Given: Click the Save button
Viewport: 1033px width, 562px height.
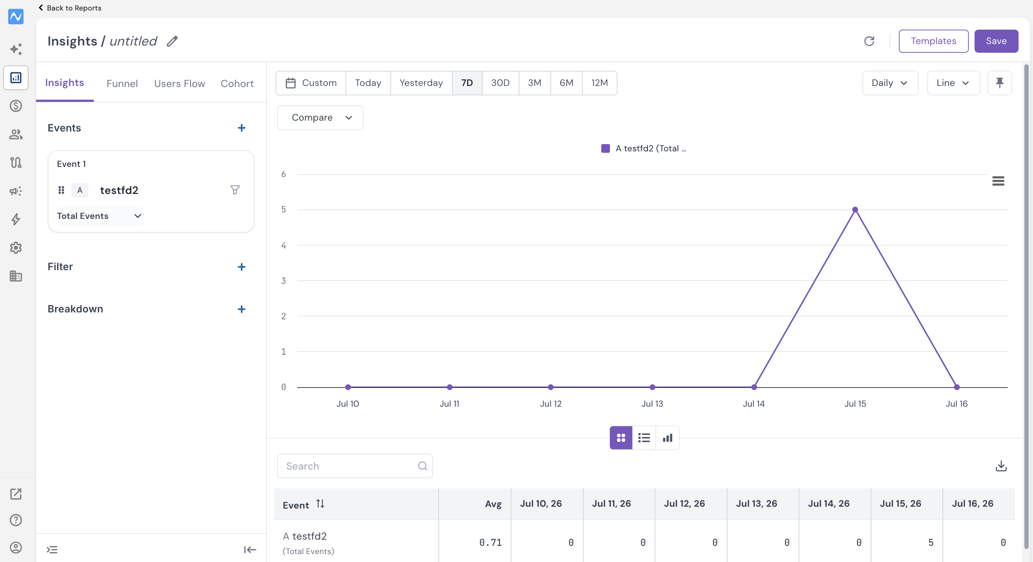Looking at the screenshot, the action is [x=996, y=41].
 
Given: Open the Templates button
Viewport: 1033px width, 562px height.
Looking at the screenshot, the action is [x=933, y=41].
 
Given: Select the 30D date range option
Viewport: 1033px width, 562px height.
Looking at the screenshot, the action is [x=500, y=83].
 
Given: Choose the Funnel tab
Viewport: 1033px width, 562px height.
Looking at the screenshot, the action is [x=122, y=83].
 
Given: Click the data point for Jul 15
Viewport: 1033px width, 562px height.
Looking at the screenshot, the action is [x=855, y=209].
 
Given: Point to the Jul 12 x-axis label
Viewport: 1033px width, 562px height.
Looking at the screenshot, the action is [x=551, y=403].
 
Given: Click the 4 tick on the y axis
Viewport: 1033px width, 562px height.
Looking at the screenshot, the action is [x=283, y=245].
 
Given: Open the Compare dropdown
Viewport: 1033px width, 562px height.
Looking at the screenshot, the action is [x=320, y=118].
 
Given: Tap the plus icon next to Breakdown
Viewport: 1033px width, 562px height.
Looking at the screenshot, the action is [x=241, y=309].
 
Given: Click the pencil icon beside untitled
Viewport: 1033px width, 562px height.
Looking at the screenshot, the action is [x=172, y=41].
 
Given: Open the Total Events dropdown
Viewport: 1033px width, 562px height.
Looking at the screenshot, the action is [x=100, y=216].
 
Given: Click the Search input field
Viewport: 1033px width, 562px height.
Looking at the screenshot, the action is [x=355, y=466].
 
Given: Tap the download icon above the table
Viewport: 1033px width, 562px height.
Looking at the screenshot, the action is [x=1001, y=466].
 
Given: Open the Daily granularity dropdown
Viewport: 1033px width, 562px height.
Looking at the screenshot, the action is [x=890, y=83].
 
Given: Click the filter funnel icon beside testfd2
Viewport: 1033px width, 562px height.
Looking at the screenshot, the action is [x=235, y=190].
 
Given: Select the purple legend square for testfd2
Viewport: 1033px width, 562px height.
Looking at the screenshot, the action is [x=605, y=148].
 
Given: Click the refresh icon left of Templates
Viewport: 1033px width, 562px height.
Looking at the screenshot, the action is [x=869, y=41].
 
